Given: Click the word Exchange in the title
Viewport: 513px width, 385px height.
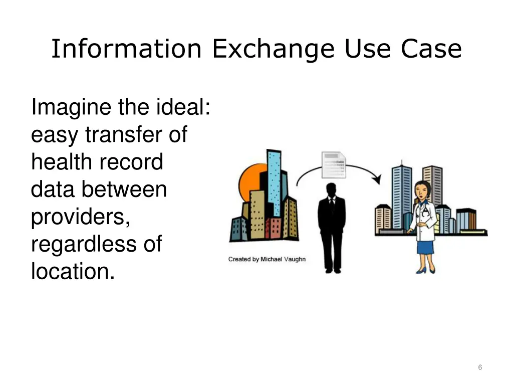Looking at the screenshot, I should tap(273, 49).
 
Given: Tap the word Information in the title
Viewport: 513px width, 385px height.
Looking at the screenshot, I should tap(126, 49).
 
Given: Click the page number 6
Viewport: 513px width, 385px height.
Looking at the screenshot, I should tap(480, 367).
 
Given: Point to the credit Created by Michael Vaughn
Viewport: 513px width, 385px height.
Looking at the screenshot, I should tap(267, 259).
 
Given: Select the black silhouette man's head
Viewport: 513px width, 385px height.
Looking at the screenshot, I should tap(331, 190).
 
